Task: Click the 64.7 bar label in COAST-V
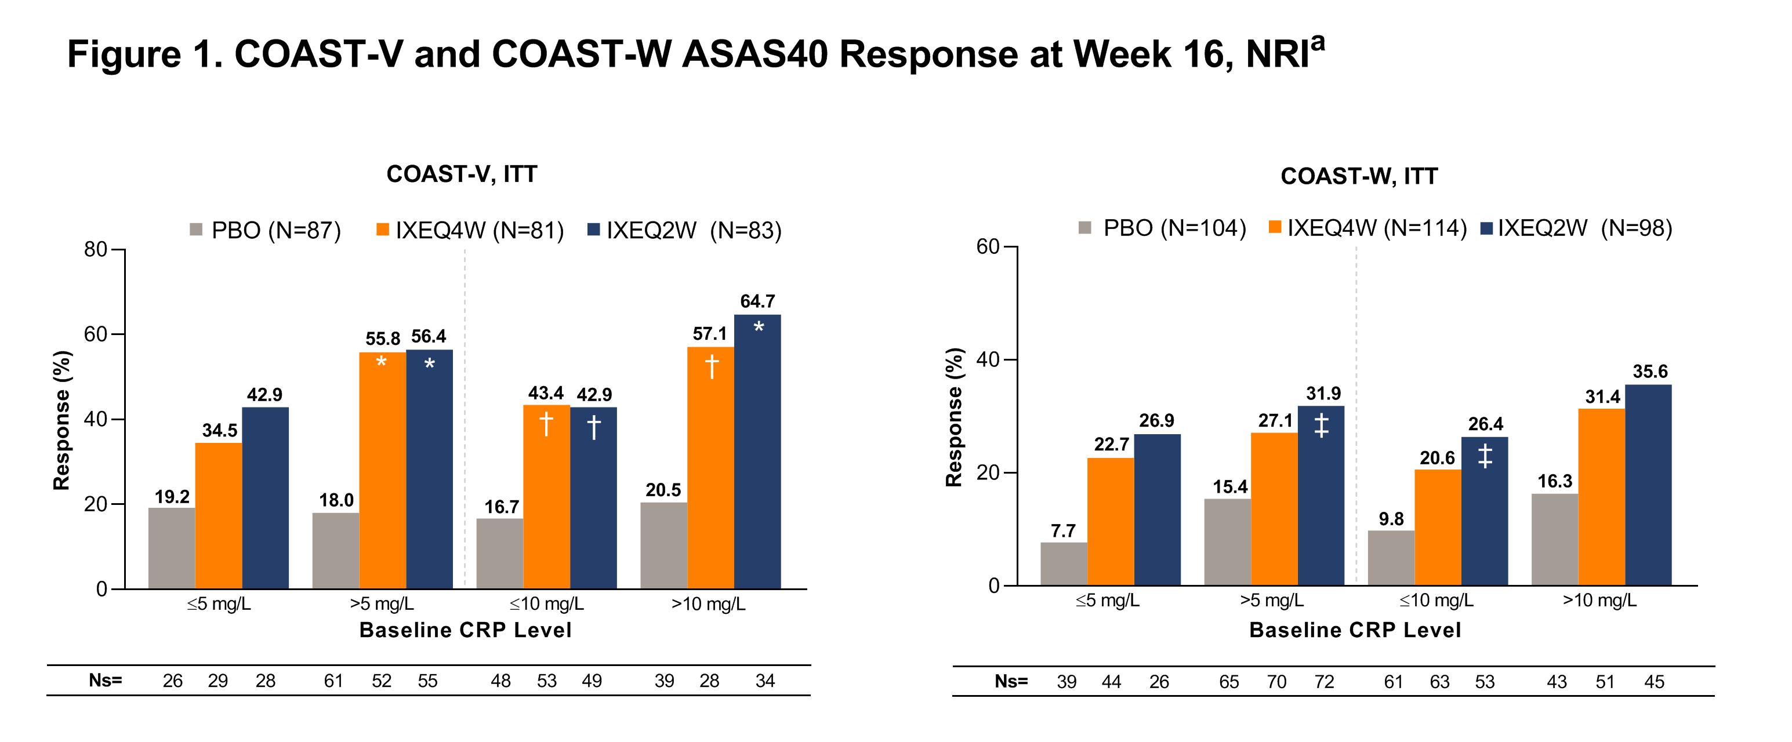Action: pyautogui.click(x=757, y=301)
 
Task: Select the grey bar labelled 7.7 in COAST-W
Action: pyautogui.click(x=1064, y=563)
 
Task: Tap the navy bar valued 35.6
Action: pyautogui.click(x=1648, y=485)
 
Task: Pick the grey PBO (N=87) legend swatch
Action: pyautogui.click(x=196, y=230)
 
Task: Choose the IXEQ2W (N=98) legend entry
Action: pyautogui.click(x=1576, y=228)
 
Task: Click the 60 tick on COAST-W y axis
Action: pyautogui.click(x=988, y=247)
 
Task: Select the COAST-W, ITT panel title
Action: pyautogui.click(x=1359, y=177)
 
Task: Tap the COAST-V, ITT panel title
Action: pyautogui.click(x=462, y=174)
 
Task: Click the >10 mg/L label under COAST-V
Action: pyautogui.click(x=708, y=603)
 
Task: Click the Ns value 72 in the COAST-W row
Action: pyautogui.click(x=1324, y=682)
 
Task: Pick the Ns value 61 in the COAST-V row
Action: pyautogui.click(x=334, y=681)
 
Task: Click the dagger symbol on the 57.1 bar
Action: pyautogui.click(x=711, y=366)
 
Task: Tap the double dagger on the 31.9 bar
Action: pyautogui.click(x=1321, y=425)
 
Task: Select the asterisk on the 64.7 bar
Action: pyautogui.click(x=758, y=327)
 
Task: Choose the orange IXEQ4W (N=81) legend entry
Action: pyautogui.click(x=470, y=230)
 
